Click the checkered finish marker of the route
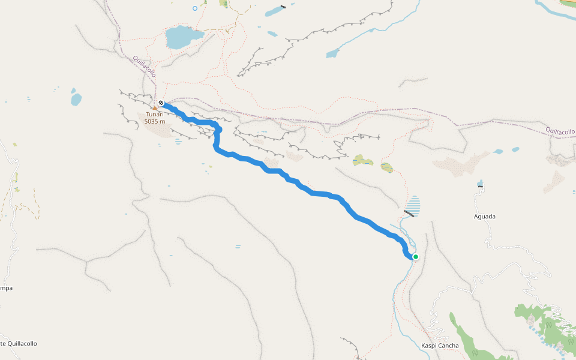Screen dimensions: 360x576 (161, 103)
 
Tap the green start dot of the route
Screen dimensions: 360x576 (415, 257)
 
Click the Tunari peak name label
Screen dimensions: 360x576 (155, 114)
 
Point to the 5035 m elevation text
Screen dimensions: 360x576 (155, 121)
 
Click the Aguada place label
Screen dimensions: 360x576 (485, 216)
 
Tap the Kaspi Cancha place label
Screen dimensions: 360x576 (440, 346)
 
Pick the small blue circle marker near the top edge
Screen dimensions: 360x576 (195, 8)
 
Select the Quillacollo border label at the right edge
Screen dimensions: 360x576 (560, 131)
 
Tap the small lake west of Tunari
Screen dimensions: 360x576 (76, 98)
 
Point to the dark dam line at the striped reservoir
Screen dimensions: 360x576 (410, 212)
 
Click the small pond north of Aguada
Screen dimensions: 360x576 (480, 183)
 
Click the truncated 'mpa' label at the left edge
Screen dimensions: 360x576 (6, 288)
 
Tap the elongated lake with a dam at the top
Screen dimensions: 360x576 (275, 11)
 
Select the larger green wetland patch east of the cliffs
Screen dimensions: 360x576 (362, 160)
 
